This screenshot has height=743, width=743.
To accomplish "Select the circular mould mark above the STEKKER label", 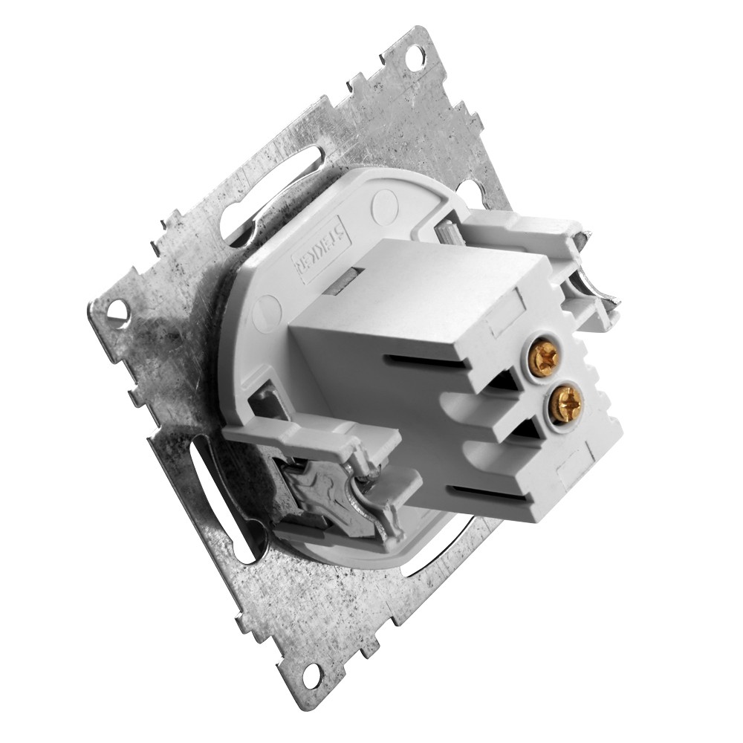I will coord(386,201).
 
